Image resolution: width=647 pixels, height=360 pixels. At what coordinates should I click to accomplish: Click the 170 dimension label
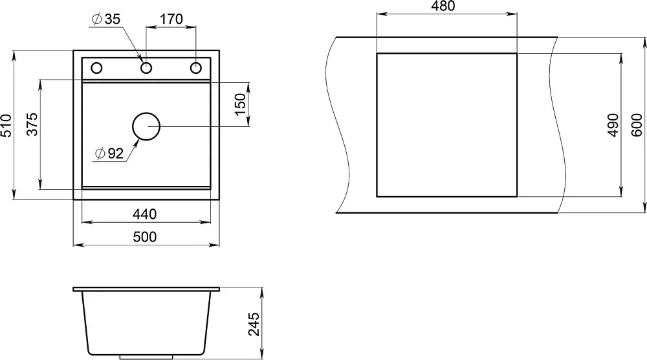click(x=171, y=19)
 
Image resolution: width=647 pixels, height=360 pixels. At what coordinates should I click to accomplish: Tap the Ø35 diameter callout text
click(x=106, y=19)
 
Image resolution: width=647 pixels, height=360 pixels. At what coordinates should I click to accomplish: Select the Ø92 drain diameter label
click(x=109, y=153)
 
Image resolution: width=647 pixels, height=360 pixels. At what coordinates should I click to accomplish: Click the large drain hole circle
click(x=146, y=126)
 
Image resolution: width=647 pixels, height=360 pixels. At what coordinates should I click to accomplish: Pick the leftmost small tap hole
click(x=96, y=68)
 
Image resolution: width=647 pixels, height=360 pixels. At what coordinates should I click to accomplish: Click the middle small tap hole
click(x=146, y=68)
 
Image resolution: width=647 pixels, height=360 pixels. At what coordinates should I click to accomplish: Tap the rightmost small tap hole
click(x=195, y=68)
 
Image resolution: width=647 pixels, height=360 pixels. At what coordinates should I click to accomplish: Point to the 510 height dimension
click(x=6, y=126)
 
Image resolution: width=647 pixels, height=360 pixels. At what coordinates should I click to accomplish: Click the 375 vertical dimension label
click(x=32, y=124)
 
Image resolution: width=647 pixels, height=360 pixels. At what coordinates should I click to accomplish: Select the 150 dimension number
click(x=240, y=104)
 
